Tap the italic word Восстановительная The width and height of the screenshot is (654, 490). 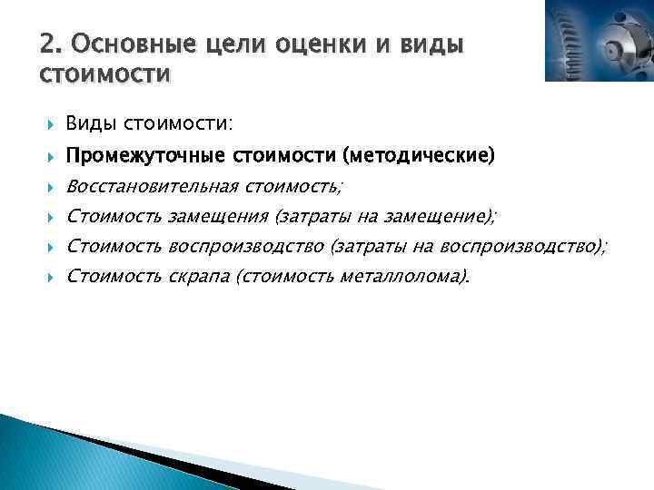coord(151,186)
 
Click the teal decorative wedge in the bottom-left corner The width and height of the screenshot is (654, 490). coord(54,458)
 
